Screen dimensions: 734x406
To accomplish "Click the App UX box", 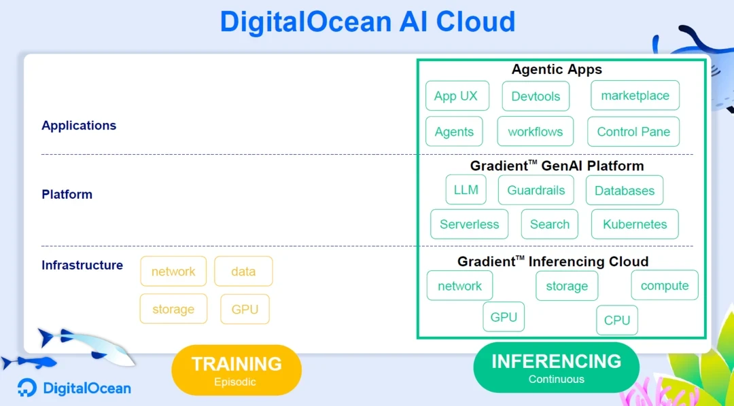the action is point(457,96).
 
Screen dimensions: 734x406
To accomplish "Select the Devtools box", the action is point(536,96).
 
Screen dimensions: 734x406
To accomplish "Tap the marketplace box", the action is point(635,96).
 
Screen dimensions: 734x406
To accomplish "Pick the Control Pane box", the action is point(633,132).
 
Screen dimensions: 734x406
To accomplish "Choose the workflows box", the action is point(535,132).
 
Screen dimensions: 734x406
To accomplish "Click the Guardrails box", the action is point(536,190).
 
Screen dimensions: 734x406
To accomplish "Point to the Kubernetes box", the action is point(635,224).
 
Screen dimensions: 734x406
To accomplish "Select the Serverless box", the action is point(469,224).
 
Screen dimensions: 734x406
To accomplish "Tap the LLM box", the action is point(466,189).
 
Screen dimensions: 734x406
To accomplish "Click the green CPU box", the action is point(617,320).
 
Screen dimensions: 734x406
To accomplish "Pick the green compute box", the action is point(664,285).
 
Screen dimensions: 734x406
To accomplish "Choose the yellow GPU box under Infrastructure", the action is point(245,309).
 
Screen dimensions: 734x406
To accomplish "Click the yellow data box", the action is point(243,271).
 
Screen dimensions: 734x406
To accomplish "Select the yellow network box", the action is point(173,271).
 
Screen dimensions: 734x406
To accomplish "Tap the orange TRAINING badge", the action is point(237,370).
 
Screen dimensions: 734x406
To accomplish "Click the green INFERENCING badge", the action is point(556,367).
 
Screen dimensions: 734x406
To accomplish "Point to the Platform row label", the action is point(67,194).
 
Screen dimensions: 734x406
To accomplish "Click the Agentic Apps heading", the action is point(557,70).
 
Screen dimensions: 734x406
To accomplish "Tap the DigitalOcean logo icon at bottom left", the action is point(27,387).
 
